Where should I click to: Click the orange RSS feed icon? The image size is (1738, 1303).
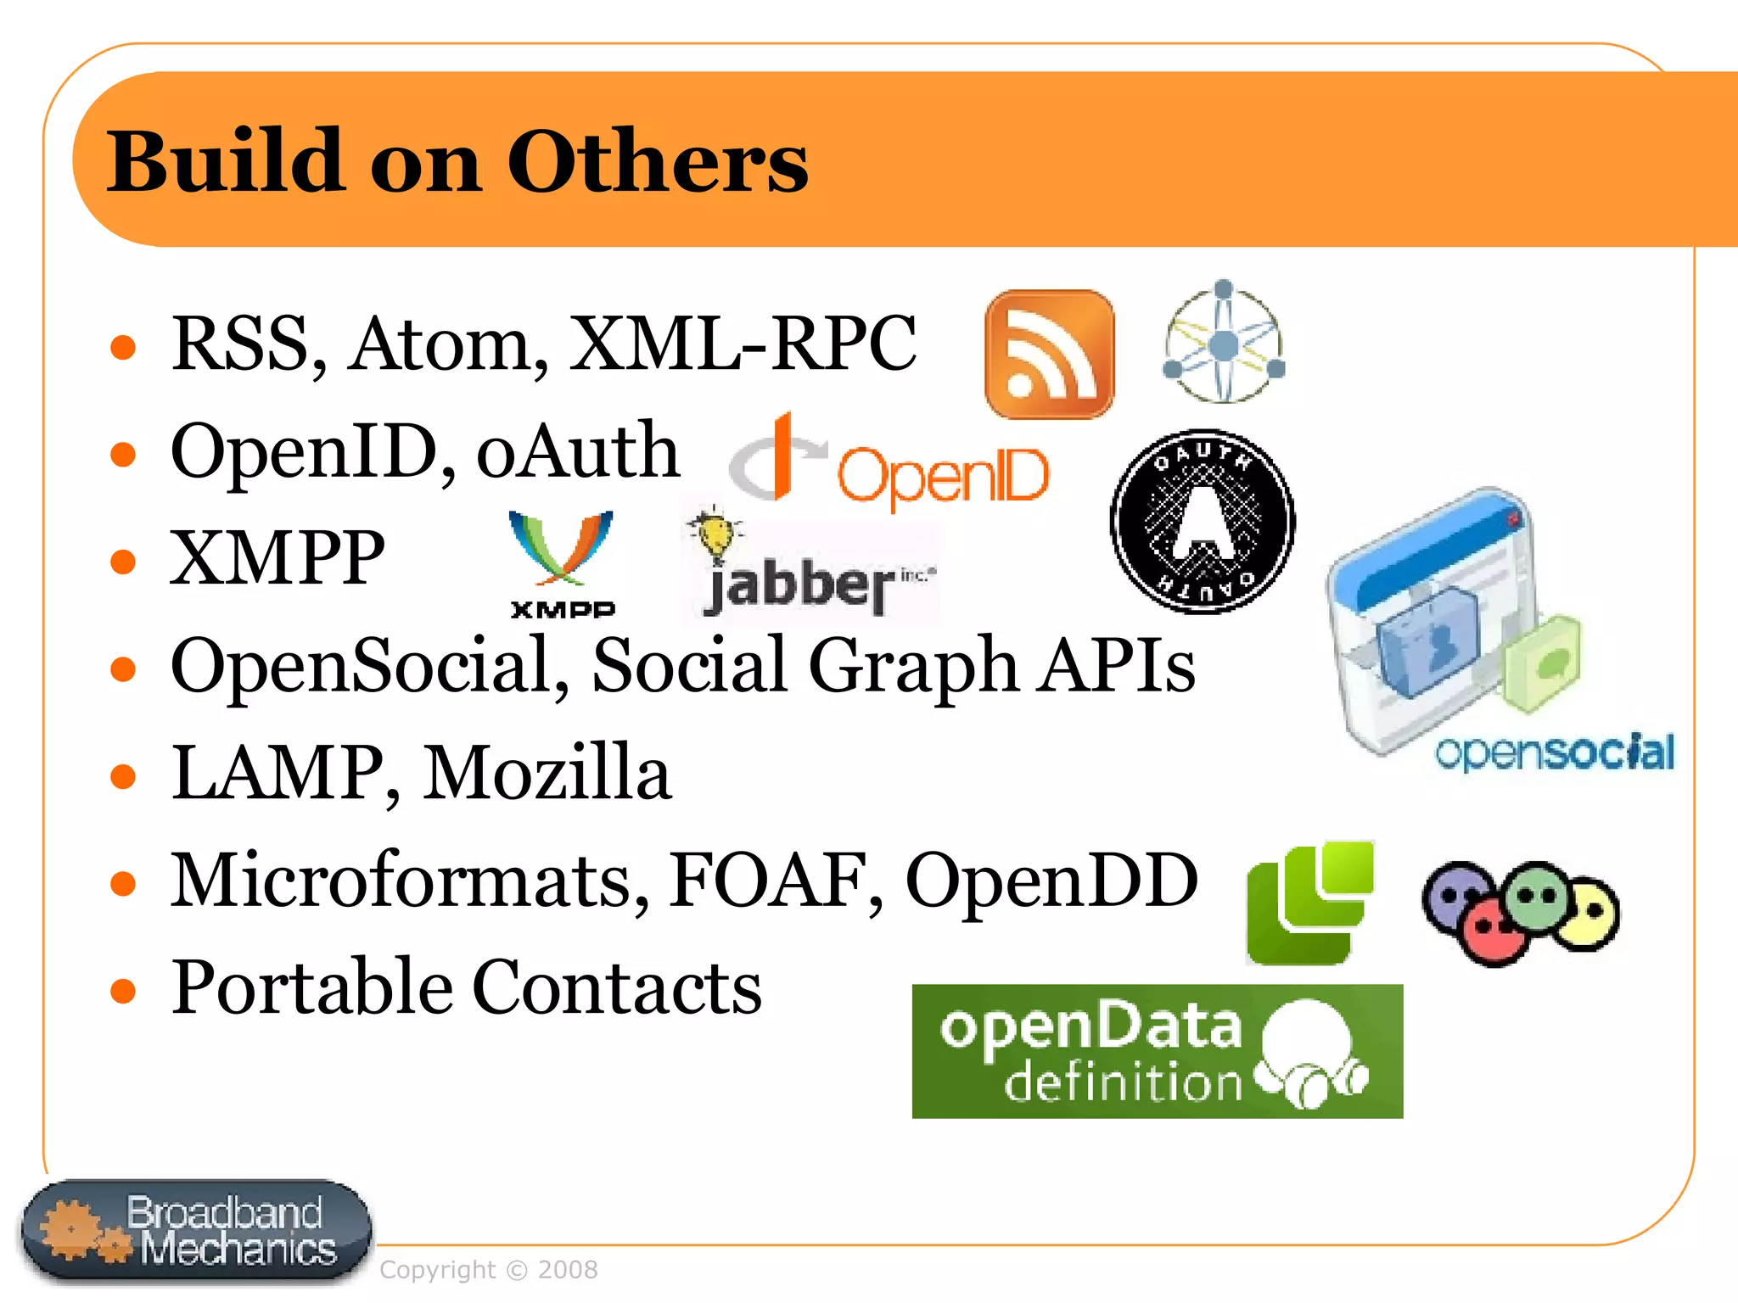[1050, 355]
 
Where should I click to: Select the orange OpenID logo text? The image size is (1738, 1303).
[943, 475]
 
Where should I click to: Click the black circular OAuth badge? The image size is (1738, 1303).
[1203, 521]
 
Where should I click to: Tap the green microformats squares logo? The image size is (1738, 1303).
[1309, 903]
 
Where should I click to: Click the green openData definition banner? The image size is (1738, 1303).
[1157, 1051]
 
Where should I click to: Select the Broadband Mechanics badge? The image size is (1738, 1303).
[197, 1232]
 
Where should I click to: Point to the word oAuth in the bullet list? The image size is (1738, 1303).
[577, 451]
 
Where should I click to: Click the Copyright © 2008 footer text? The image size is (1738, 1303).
[489, 1270]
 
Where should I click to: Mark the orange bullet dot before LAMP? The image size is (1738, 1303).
[124, 776]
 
